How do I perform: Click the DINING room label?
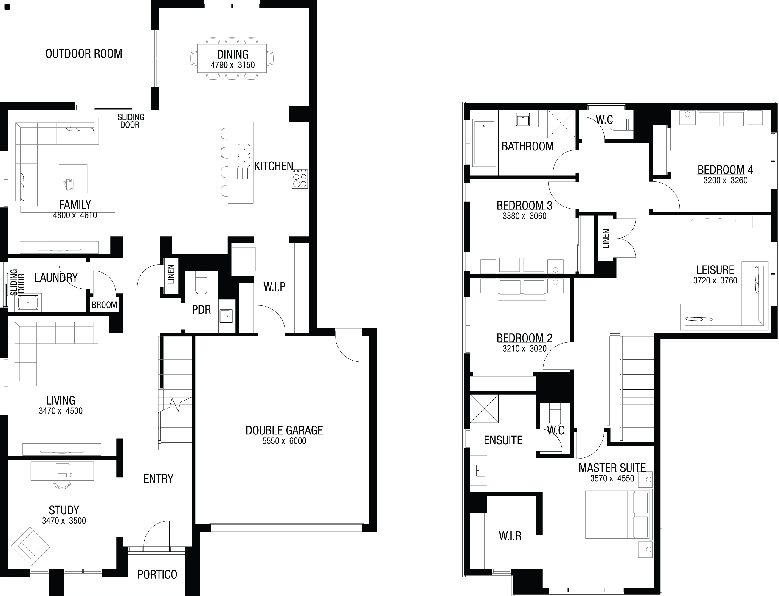(233, 54)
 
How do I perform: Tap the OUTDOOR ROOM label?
(84, 54)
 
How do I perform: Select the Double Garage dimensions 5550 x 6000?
(284, 441)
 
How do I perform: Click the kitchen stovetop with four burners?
(300, 179)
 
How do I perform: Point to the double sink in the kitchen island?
(244, 155)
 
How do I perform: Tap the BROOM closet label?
(104, 305)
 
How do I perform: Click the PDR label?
(201, 310)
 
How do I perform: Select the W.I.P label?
(274, 287)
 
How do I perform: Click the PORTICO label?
(157, 574)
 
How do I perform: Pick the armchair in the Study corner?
(30, 546)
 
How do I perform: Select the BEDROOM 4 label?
(725, 170)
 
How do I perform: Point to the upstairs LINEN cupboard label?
(606, 238)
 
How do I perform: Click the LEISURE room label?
(715, 270)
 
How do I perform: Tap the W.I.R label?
(510, 536)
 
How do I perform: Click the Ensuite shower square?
(484, 408)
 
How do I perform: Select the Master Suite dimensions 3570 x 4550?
(612, 478)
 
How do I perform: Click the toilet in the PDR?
(201, 283)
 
